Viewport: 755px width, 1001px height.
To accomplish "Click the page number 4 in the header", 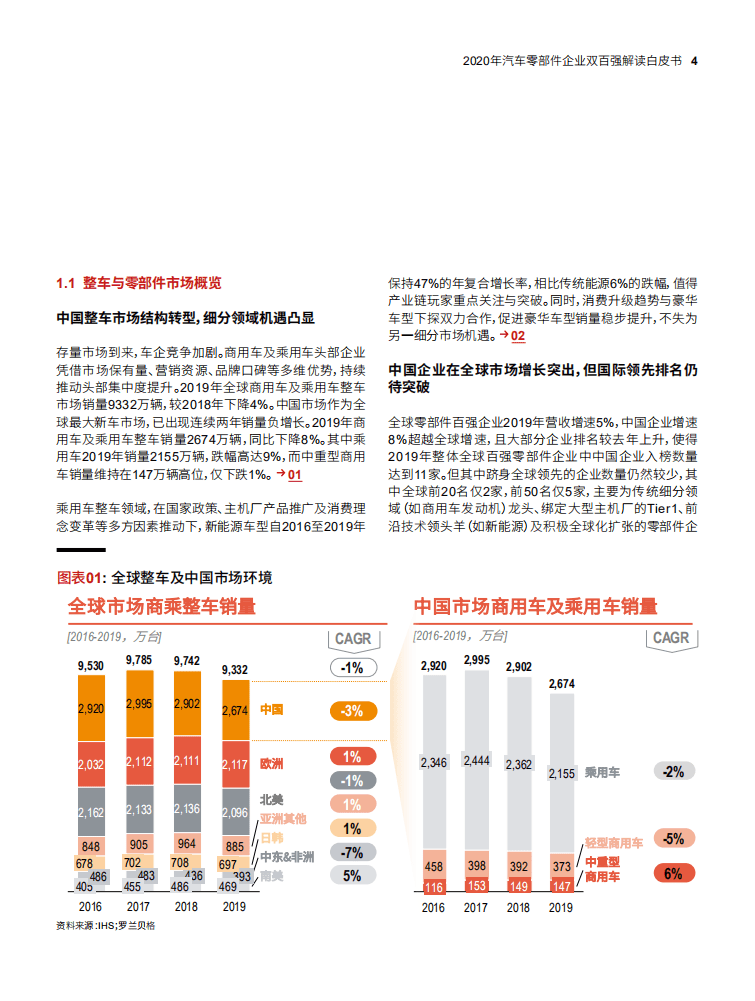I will [x=694, y=60].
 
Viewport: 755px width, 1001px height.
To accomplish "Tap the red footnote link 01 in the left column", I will [x=294, y=474].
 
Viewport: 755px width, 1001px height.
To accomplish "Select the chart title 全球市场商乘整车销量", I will [x=161, y=606].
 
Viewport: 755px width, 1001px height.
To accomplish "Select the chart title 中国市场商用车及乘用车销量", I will [x=535, y=606].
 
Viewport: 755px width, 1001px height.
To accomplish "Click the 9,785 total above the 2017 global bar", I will [x=139, y=660].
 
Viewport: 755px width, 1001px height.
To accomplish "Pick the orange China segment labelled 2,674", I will [x=234, y=711].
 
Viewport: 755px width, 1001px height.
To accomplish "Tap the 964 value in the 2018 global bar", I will [x=187, y=843].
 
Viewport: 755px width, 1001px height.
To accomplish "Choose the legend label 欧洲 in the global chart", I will [x=272, y=764].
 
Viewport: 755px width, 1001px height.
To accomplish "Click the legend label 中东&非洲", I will [x=287, y=857].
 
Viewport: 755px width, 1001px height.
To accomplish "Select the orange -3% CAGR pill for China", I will [x=352, y=711].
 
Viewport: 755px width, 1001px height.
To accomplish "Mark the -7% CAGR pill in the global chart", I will [x=352, y=852].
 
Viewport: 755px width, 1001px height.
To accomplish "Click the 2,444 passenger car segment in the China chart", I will [x=476, y=761].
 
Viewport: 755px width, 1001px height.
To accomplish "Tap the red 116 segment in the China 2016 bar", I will [x=433, y=887].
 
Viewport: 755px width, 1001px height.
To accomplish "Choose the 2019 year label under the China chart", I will [x=561, y=908].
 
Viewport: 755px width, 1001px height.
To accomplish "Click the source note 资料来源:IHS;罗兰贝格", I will [x=105, y=926].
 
